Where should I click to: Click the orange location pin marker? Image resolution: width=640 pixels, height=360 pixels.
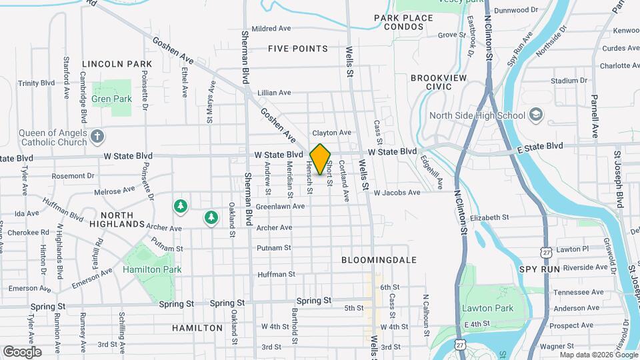pyautogui.click(x=321, y=159)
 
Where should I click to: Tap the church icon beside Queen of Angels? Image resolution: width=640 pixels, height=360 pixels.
pyautogui.click(x=97, y=137)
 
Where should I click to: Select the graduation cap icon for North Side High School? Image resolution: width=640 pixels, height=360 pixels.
pyautogui.click(x=535, y=115)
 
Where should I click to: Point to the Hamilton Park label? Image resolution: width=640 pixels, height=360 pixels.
pyautogui.click(x=152, y=269)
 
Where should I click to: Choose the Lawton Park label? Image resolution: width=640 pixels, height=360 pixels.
pyautogui.click(x=487, y=308)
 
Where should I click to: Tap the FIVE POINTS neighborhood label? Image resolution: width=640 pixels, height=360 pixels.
pyautogui.click(x=298, y=49)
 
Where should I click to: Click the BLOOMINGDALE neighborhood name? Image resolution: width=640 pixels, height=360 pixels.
pyautogui.click(x=379, y=259)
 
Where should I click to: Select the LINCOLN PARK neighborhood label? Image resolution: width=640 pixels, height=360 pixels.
pyautogui.click(x=117, y=64)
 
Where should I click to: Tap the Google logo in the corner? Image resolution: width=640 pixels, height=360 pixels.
pyautogui.click(x=22, y=351)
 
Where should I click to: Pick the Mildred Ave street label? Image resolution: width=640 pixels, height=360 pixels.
pyautogui.click(x=271, y=29)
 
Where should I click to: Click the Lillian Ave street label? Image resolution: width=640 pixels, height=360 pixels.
pyautogui.click(x=275, y=93)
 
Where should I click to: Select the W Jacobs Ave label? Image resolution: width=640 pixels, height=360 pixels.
pyautogui.click(x=397, y=192)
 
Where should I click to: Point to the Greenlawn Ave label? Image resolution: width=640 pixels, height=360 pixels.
pyautogui.click(x=280, y=206)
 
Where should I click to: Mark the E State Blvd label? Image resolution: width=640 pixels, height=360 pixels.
pyautogui.click(x=540, y=146)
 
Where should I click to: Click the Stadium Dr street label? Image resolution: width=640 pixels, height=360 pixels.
pyautogui.click(x=568, y=81)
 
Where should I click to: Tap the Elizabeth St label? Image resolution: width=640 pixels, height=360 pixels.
pyautogui.click(x=489, y=217)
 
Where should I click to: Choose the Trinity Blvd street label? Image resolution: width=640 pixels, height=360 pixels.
pyautogui.click(x=36, y=83)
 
